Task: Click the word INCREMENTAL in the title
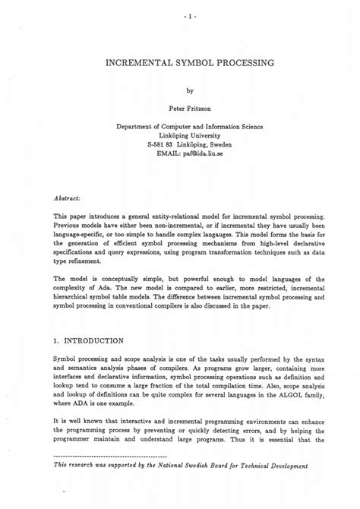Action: pyautogui.click(x=139, y=67)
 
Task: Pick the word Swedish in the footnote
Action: pyautogui.click(x=190, y=487)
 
